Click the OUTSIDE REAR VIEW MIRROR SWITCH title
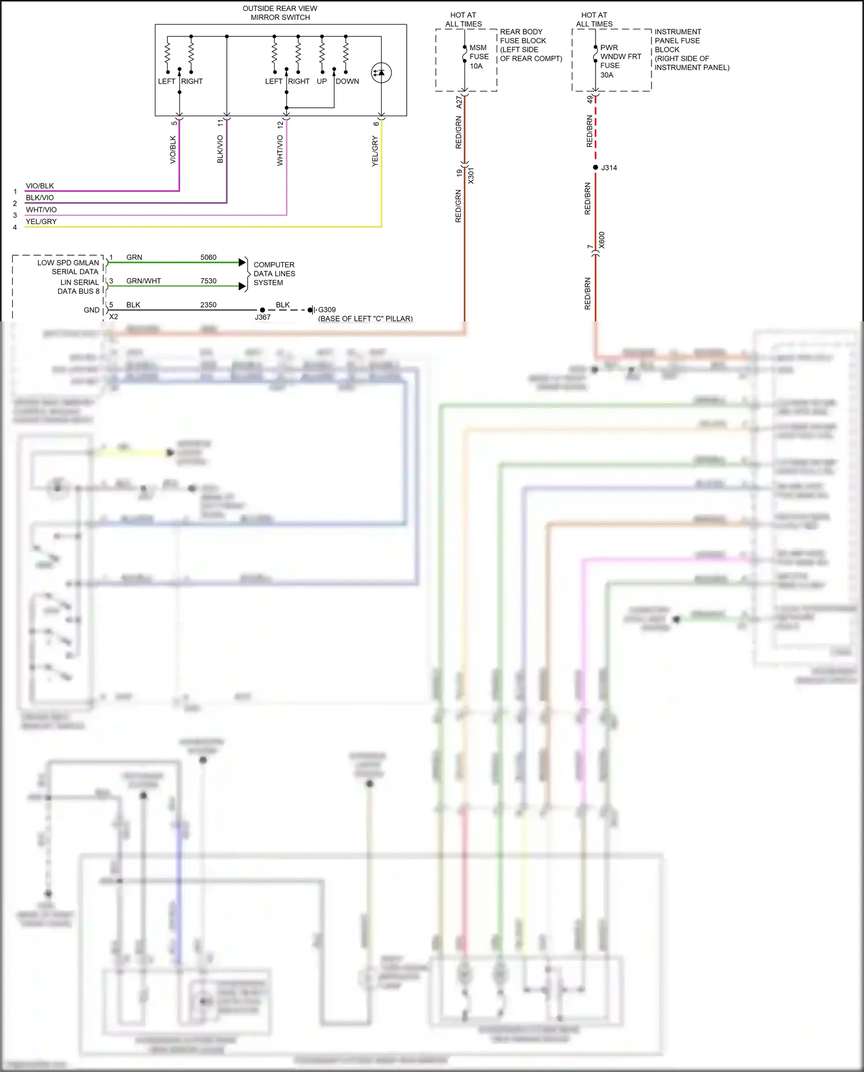tap(280, 13)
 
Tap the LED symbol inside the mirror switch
tap(381, 73)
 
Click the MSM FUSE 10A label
tap(478, 56)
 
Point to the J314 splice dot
tap(596, 168)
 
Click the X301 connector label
tap(471, 176)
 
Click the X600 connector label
tap(602, 240)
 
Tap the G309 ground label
tap(327, 309)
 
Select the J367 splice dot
tap(263, 310)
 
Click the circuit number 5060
tap(208, 257)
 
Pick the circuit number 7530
tap(208, 281)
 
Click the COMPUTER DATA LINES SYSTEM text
tap(274, 274)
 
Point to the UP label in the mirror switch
tap(321, 81)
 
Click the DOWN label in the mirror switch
tap(347, 81)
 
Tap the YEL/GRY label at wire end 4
tap(41, 221)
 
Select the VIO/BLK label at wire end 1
tap(40, 186)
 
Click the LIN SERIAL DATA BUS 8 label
tap(78, 286)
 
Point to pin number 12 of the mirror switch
tap(281, 124)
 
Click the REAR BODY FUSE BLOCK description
tap(530, 45)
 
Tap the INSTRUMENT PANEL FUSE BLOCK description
tap(691, 50)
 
